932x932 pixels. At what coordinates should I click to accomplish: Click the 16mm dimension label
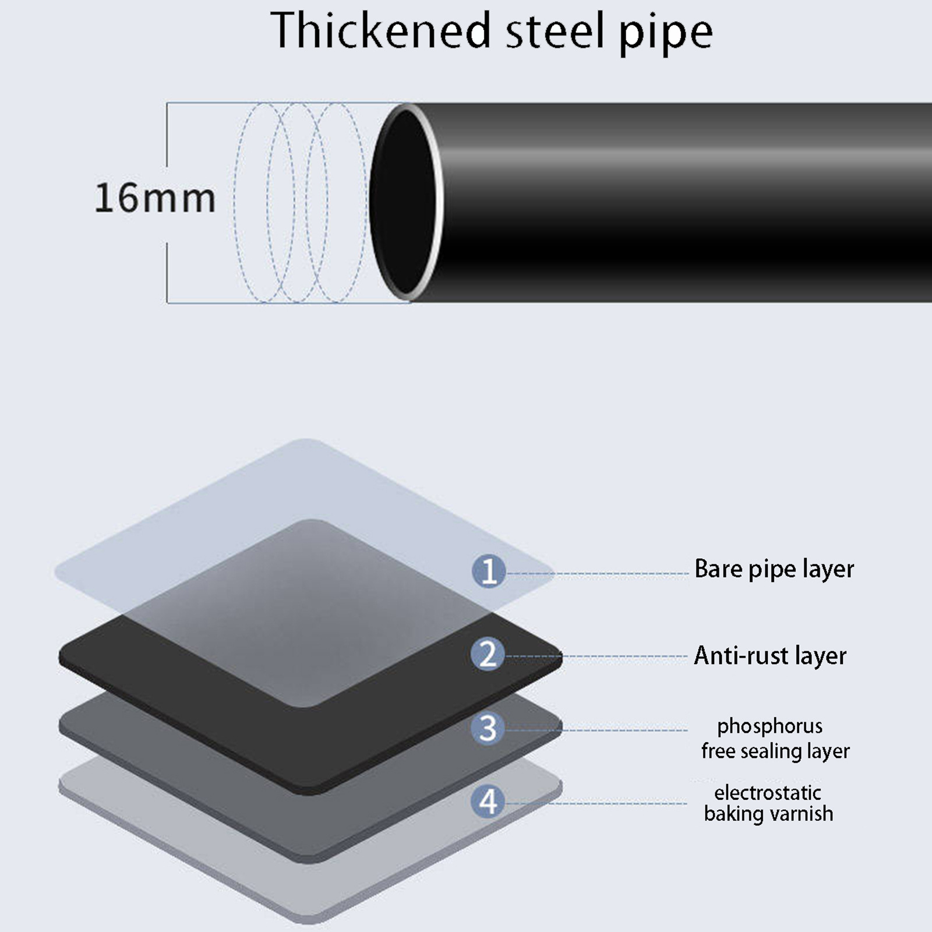click(x=155, y=198)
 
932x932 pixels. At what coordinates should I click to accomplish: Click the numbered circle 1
click(x=488, y=571)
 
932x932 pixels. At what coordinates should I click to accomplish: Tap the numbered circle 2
click(x=488, y=654)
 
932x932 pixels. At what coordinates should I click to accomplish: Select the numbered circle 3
click(x=488, y=728)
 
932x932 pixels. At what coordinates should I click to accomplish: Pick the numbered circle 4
click(x=488, y=802)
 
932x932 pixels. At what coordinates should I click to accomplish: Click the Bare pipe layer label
click(x=774, y=569)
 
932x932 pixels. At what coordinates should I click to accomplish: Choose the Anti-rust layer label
click(x=769, y=656)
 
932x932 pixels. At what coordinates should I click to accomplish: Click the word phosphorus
click(x=769, y=726)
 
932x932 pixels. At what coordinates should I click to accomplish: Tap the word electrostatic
click(x=767, y=793)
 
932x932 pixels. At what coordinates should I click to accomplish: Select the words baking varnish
click(x=768, y=814)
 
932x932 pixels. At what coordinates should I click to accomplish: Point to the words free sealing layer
click(x=775, y=751)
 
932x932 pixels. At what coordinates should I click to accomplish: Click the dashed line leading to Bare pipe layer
click(x=600, y=574)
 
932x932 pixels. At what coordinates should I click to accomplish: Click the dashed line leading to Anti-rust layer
click(x=600, y=656)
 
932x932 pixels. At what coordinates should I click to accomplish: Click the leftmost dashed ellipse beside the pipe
click(x=236, y=201)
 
